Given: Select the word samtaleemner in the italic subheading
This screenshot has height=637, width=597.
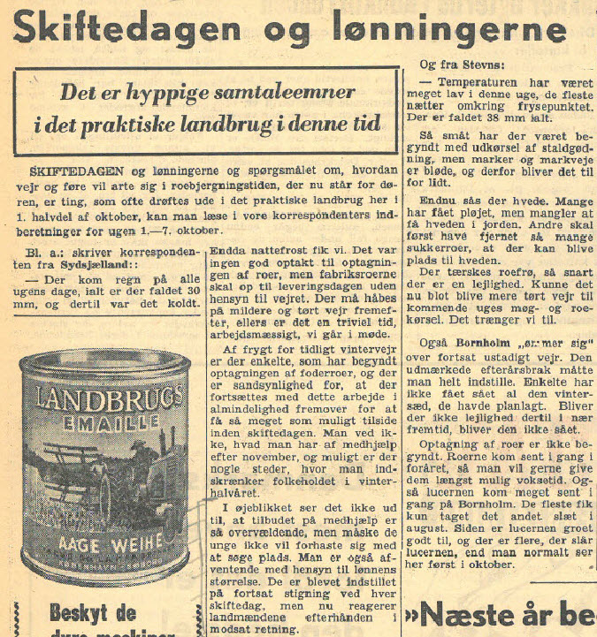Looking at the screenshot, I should click(277, 93).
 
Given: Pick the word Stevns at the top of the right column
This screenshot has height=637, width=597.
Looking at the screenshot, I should click(478, 64).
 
